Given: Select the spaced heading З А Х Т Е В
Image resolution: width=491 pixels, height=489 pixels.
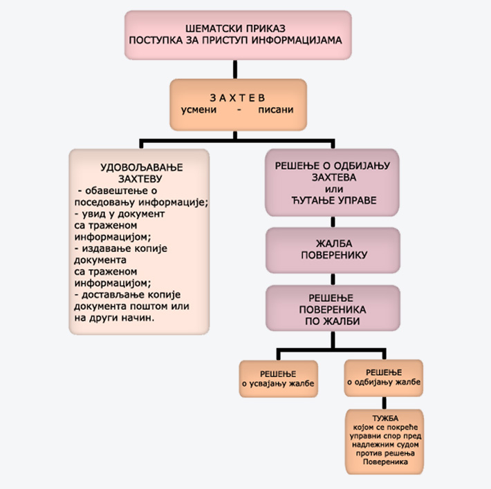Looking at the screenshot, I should coord(237,97).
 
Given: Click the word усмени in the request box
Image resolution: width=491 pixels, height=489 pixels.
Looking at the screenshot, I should coord(199,110).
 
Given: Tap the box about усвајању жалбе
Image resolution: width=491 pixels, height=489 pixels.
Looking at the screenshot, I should coord(278,378).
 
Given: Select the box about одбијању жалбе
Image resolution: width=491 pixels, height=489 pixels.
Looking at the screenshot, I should coord(384,378).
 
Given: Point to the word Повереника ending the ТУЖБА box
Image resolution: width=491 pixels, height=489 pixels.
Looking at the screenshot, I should coord(385,470).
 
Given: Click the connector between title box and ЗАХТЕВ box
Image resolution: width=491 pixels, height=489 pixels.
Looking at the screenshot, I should coord(237,69).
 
